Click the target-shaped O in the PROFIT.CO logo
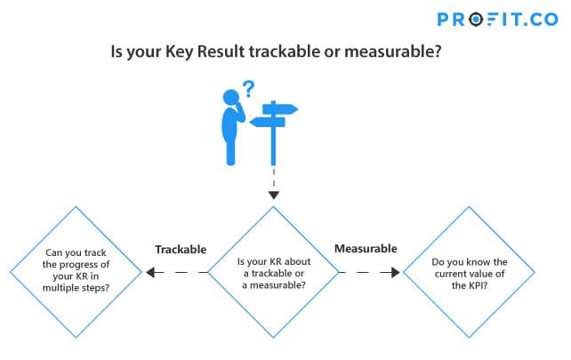point(476,20)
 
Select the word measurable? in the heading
point(392,52)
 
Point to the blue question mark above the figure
point(249,89)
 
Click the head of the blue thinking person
point(231,98)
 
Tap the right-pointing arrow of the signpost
point(280,108)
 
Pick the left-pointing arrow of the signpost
point(268,123)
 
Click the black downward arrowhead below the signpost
point(274,195)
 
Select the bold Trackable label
point(181,250)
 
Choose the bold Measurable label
point(366,249)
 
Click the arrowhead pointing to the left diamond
point(150,272)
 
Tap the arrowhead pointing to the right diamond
point(396,272)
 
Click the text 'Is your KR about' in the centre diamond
point(274,261)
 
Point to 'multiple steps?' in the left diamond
point(76,288)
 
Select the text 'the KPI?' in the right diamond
point(470,285)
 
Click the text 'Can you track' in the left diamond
point(76,252)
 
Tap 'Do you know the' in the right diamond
point(470,262)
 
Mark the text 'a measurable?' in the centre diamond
point(274,285)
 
